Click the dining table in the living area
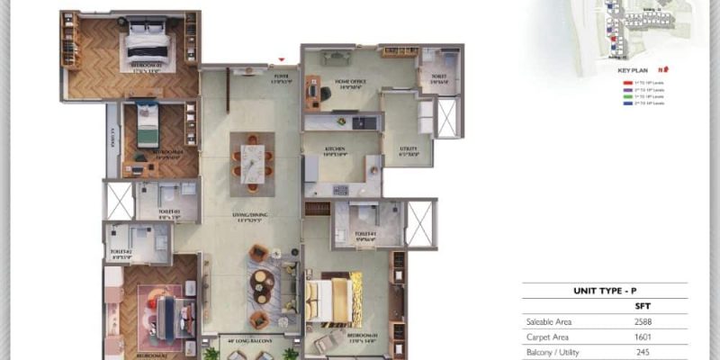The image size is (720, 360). tap(251, 162)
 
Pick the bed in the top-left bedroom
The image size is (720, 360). tap(147, 42)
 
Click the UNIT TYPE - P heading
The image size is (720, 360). tap(605, 292)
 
